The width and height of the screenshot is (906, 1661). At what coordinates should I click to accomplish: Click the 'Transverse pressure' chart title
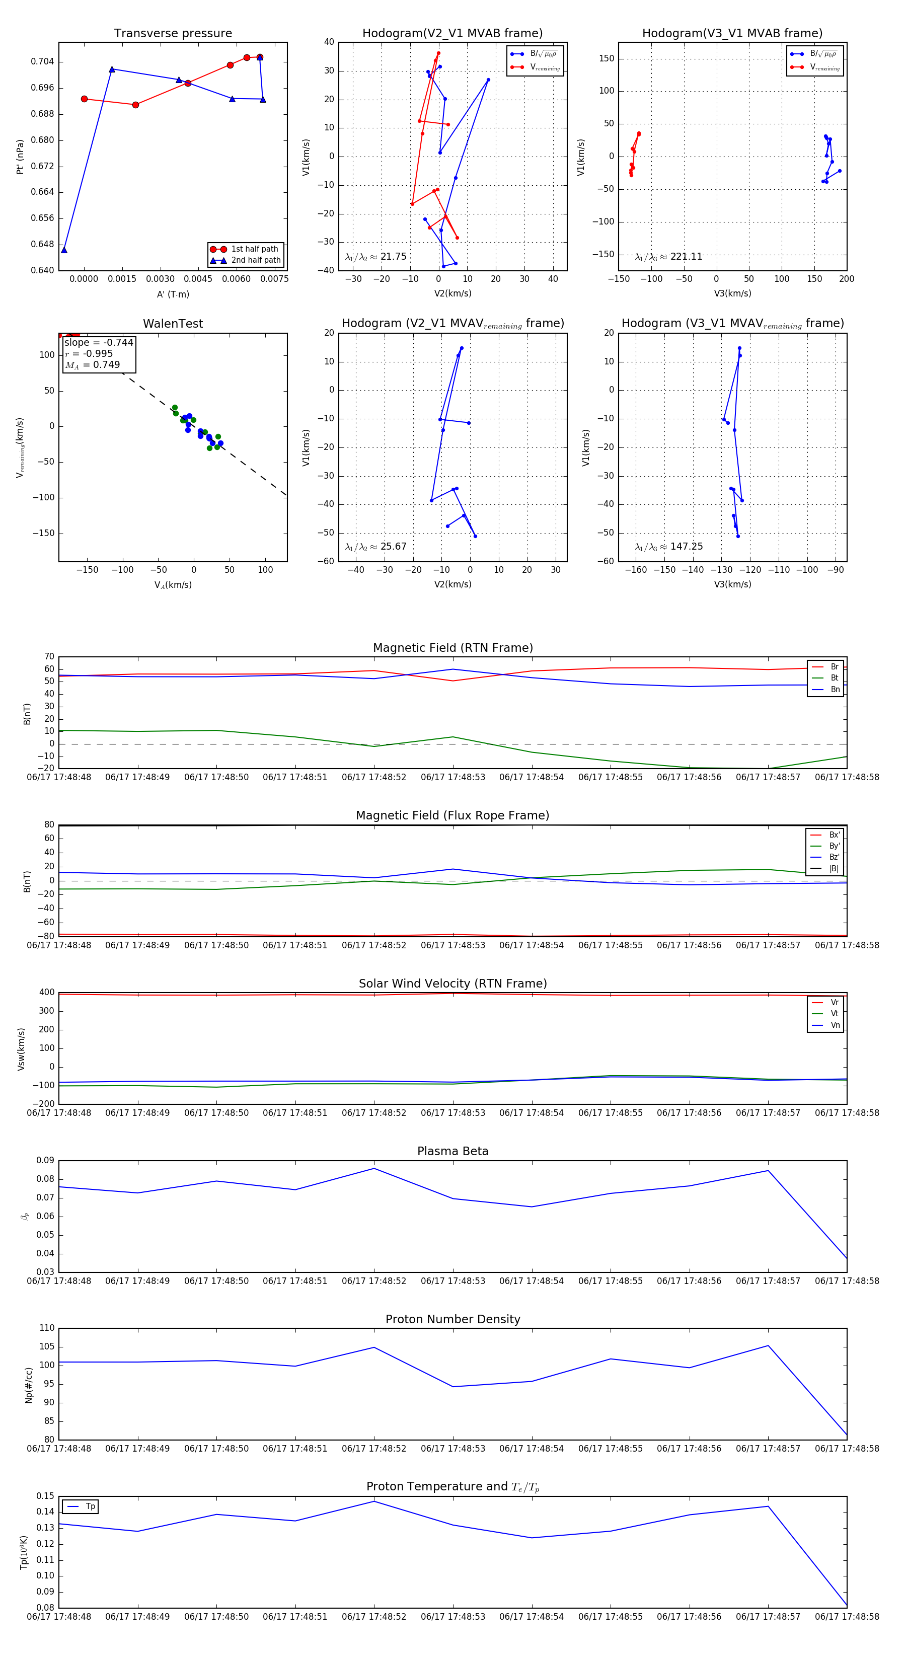point(173,34)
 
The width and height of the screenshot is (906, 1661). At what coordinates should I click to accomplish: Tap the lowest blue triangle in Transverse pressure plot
point(64,250)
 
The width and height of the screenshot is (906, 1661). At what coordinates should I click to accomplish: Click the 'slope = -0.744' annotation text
point(99,342)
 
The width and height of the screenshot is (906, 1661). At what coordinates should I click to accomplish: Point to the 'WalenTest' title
point(173,324)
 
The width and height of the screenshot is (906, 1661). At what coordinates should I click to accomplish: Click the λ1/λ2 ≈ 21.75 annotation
point(376,257)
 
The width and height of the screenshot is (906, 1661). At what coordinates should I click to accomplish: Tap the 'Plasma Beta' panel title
point(452,1152)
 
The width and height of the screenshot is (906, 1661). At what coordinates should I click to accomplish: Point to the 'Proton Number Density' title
point(452,1319)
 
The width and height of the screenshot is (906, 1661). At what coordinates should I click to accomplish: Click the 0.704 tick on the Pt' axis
point(43,62)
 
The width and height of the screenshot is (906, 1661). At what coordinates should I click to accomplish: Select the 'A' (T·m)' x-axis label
point(173,294)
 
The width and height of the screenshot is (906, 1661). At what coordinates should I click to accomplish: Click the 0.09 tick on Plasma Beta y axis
point(45,1161)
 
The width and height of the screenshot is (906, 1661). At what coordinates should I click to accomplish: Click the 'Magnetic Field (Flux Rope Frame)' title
point(452,816)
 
